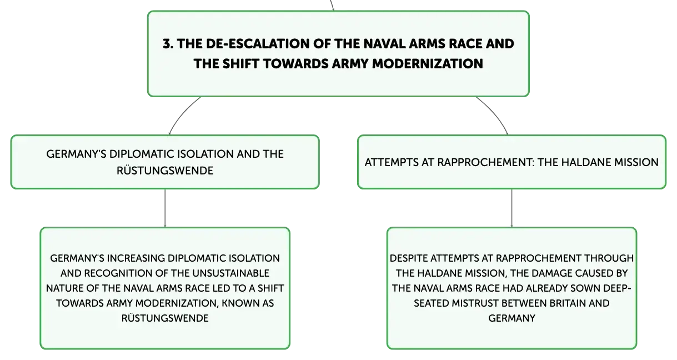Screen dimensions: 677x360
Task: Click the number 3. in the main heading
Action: point(168,44)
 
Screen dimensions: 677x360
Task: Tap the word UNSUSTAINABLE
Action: point(230,273)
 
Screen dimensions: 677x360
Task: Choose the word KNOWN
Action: point(240,303)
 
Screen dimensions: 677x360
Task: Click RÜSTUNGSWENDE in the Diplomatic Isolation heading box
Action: point(165,171)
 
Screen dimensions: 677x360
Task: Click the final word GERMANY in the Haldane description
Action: point(511,318)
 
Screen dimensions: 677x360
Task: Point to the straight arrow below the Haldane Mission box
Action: point(511,208)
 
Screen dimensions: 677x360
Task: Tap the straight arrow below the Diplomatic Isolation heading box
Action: point(165,208)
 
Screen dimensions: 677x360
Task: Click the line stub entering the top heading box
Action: point(332,5)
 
